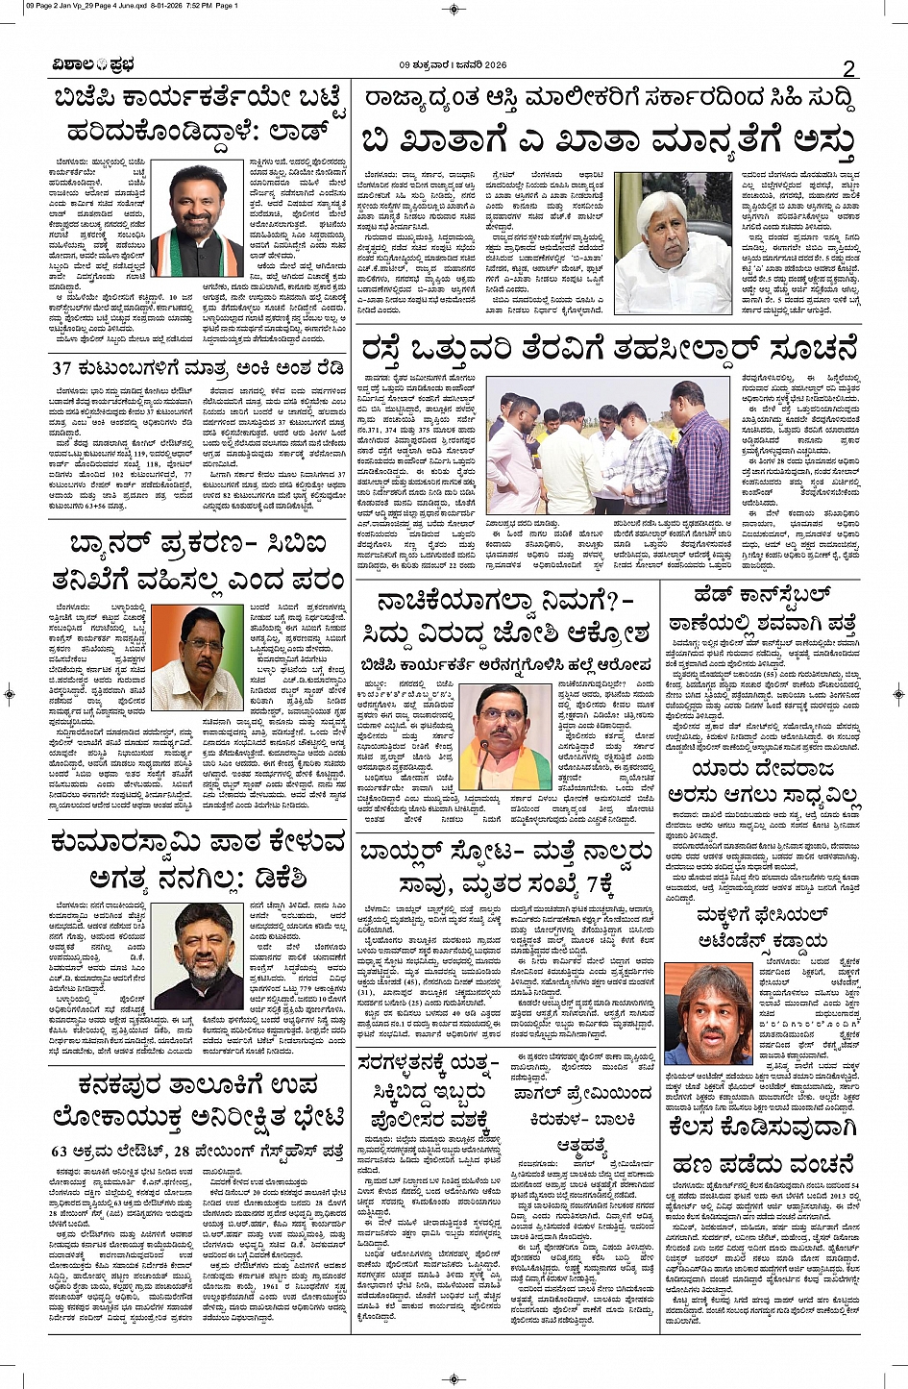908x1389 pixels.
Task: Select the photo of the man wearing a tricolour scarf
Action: pos(199,220)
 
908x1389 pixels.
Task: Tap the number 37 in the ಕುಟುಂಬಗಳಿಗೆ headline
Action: pos(62,368)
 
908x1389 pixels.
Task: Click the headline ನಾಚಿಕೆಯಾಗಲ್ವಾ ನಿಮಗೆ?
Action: pos(504,603)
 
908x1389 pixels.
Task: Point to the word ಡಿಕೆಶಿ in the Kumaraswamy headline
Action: pos(300,877)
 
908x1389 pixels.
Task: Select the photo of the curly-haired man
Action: pos(708,1014)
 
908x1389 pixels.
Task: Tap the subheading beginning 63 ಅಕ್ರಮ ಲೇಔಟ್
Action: pos(197,1151)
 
